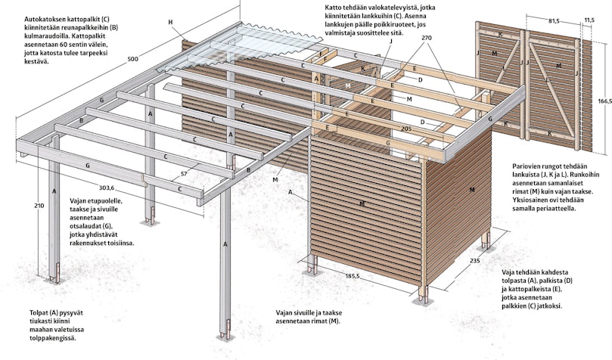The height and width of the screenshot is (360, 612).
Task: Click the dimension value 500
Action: [x=133, y=59]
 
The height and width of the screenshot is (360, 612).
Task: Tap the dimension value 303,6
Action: [x=106, y=188]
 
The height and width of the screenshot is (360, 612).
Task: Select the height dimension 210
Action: [x=39, y=206]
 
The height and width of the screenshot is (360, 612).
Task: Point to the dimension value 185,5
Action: [x=353, y=276]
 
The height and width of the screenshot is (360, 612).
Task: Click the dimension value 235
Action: [x=474, y=260]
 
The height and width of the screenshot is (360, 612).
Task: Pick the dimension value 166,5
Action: [x=605, y=101]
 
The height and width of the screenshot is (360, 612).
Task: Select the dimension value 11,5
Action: [x=589, y=20]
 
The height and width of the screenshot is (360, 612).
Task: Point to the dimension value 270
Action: [x=427, y=39]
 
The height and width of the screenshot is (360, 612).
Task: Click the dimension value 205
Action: [x=406, y=129]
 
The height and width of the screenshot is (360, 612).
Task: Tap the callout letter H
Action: [x=170, y=22]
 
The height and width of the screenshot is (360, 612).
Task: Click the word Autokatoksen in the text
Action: [x=42, y=19]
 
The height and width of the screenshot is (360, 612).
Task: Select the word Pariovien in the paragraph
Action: [x=525, y=166]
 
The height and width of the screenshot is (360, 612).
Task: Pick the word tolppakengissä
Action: [x=53, y=338]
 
